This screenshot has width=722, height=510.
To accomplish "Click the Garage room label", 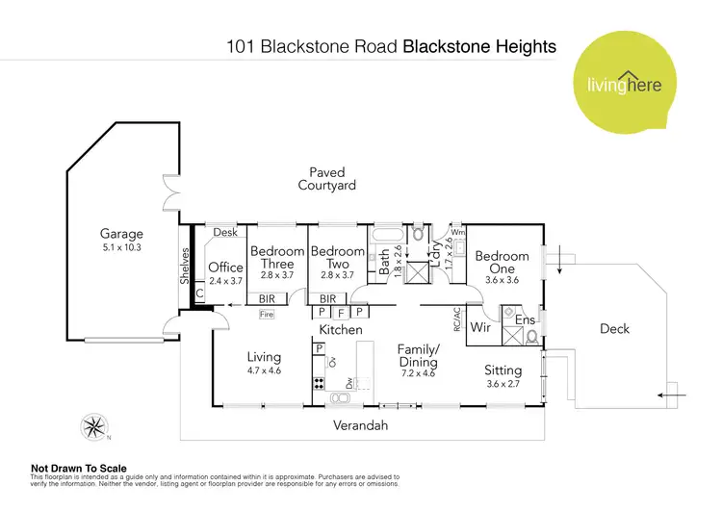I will tap(122, 233).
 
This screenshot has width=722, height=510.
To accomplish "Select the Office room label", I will tap(225, 268).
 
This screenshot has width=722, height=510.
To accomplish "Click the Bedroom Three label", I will tap(276, 258).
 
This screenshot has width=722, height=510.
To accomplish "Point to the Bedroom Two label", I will tap(337, 258).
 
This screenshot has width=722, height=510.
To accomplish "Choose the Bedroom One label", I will tap(502, 262).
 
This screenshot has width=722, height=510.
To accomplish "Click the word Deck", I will tap(614, 329).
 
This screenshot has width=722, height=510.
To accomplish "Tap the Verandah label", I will tap(360, 424).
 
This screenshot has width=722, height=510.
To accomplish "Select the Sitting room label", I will tap(503, 370).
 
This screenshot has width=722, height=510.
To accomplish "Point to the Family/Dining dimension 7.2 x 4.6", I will tap(418, 375).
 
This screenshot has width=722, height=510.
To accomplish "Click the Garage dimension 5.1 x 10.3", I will tap(122, 248).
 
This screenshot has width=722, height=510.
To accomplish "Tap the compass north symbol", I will tap(93, 424).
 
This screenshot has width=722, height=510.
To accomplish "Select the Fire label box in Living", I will tap(268, 314).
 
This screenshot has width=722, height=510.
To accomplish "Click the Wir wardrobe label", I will tap(480, 328).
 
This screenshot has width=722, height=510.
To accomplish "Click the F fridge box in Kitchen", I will tap(340, 313).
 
